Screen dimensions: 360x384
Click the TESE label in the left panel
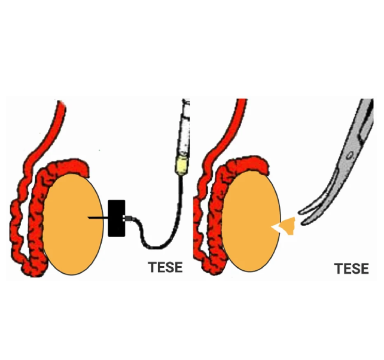point(164,267)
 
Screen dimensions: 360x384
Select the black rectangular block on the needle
point(116,218)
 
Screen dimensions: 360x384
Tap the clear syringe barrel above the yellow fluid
point(185,129)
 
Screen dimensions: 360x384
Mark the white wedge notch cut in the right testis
point(276,227)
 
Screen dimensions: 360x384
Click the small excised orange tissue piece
point(289,226)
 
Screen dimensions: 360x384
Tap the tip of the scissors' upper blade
point(300,210)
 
